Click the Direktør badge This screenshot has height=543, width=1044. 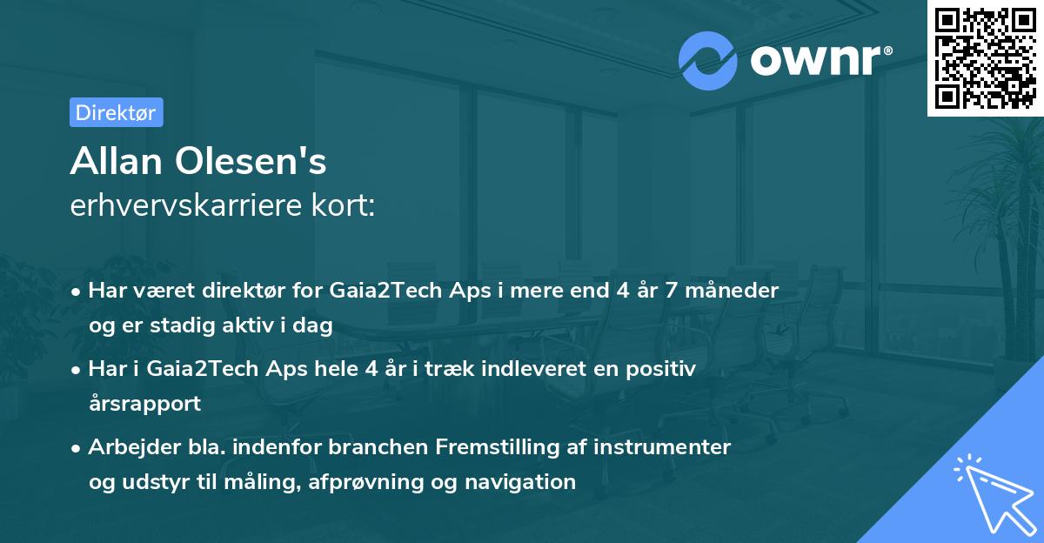(116, 112)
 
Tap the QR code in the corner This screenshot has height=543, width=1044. (985, 57)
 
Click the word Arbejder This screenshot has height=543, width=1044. (126, 446)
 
